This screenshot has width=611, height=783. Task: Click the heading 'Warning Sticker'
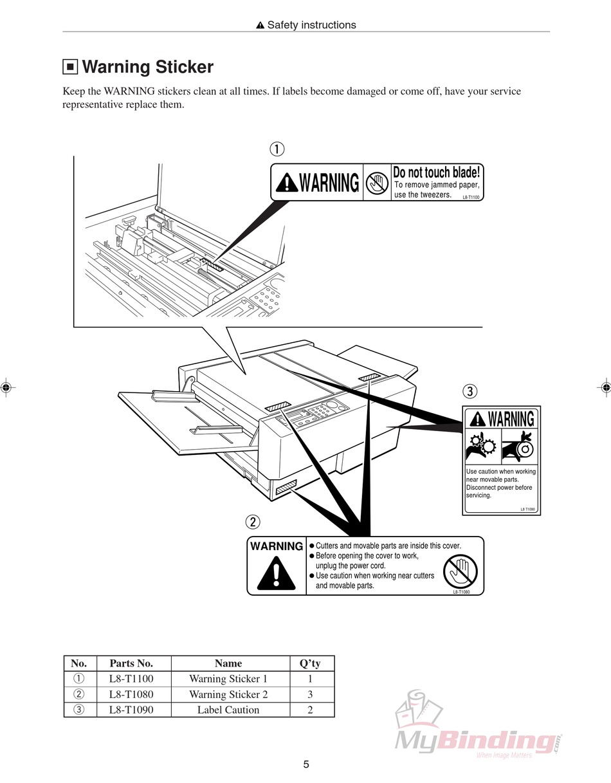pos(147,67)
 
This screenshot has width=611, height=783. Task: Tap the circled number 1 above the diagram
pos(277,149)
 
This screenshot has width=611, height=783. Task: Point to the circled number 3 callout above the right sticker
pos(470,391)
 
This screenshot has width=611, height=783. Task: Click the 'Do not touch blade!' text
pos(436,172)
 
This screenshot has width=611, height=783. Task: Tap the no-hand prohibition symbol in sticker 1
pos(377,183)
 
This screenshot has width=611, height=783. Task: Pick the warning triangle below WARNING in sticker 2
pos(276,574)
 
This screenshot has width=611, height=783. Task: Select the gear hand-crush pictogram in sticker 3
pos(482,446)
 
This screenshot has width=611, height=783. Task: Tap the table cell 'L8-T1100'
pos(131,679)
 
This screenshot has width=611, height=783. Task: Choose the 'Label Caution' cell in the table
pos(228,710)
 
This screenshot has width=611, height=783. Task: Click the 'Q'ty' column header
pos(310,663)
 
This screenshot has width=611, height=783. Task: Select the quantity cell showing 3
pos(310,694)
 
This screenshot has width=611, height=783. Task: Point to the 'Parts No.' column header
pos(131,663)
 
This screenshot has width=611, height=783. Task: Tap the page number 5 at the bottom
pos(306,764)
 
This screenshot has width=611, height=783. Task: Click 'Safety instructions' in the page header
pos(311,25)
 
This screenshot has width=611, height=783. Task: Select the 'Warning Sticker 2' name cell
pos(228,694)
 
